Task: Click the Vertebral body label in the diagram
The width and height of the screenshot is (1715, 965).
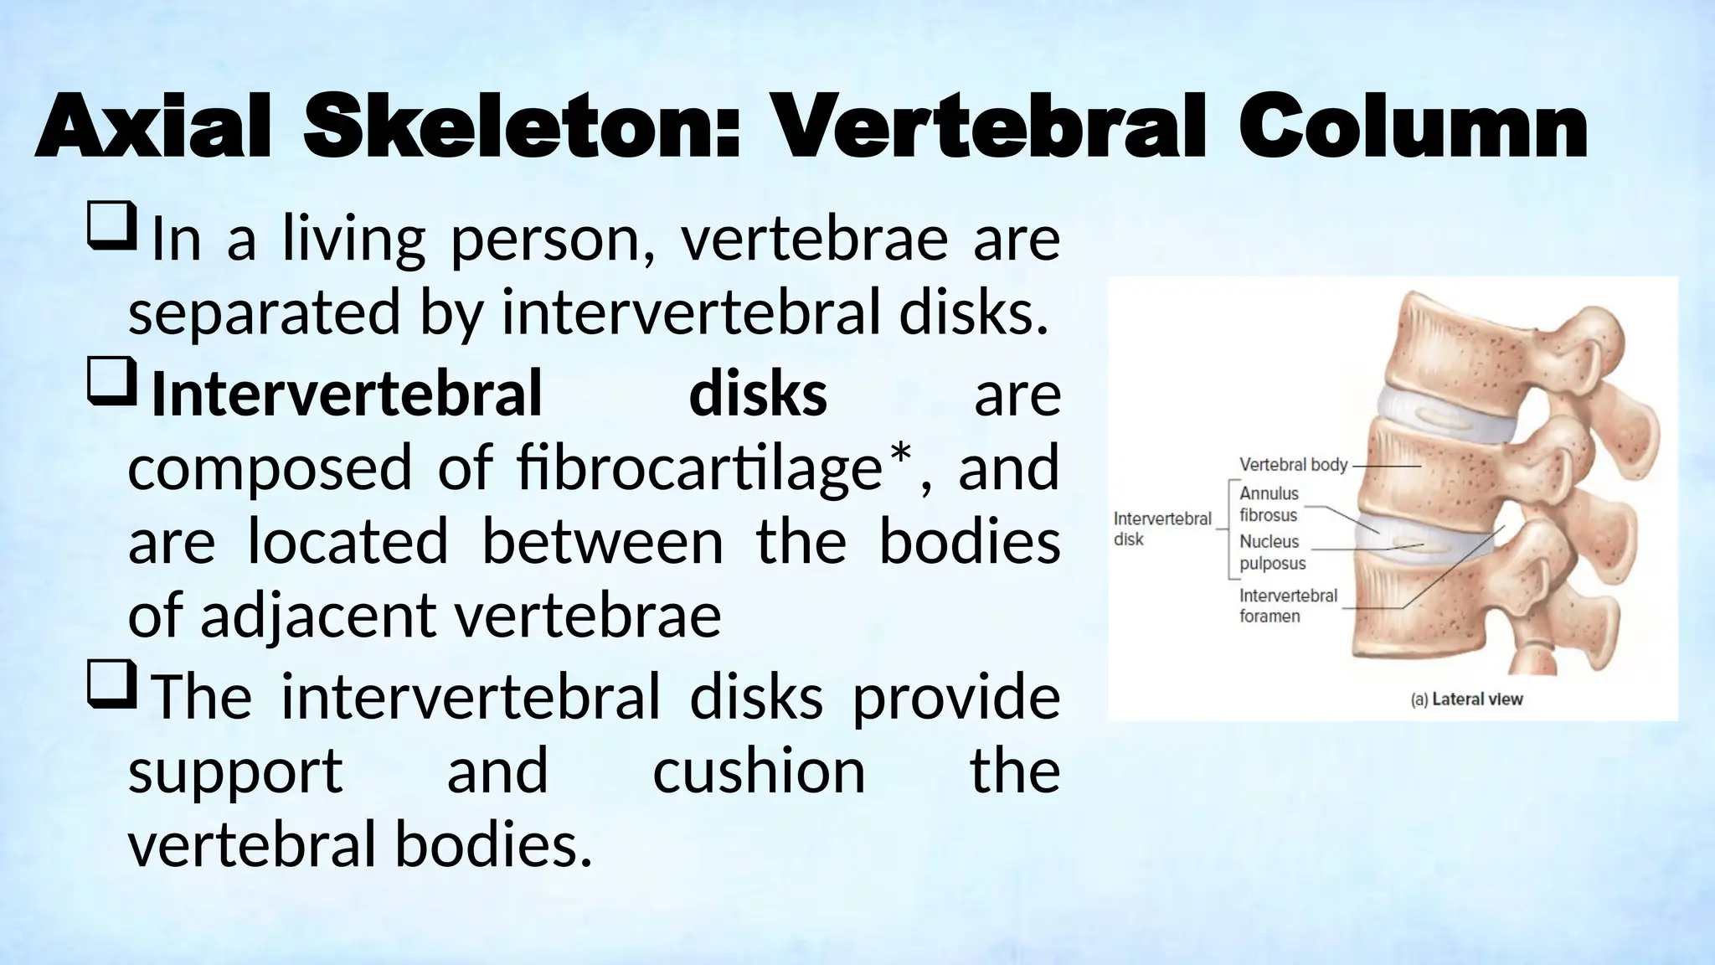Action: pos(1293,464)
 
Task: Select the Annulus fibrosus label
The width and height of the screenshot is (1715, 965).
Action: pos(1269,504)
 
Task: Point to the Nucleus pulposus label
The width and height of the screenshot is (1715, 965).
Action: pos(1272,552)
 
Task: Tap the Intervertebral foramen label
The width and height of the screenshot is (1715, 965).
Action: pos(1288,606)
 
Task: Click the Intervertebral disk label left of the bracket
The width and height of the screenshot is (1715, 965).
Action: pos(1161,529)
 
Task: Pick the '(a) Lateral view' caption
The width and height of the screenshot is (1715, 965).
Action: pos(1467,699)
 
